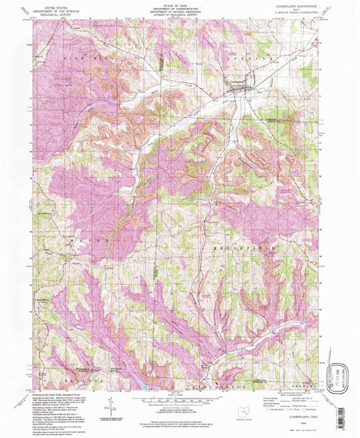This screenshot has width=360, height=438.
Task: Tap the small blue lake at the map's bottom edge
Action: point(143,387)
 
